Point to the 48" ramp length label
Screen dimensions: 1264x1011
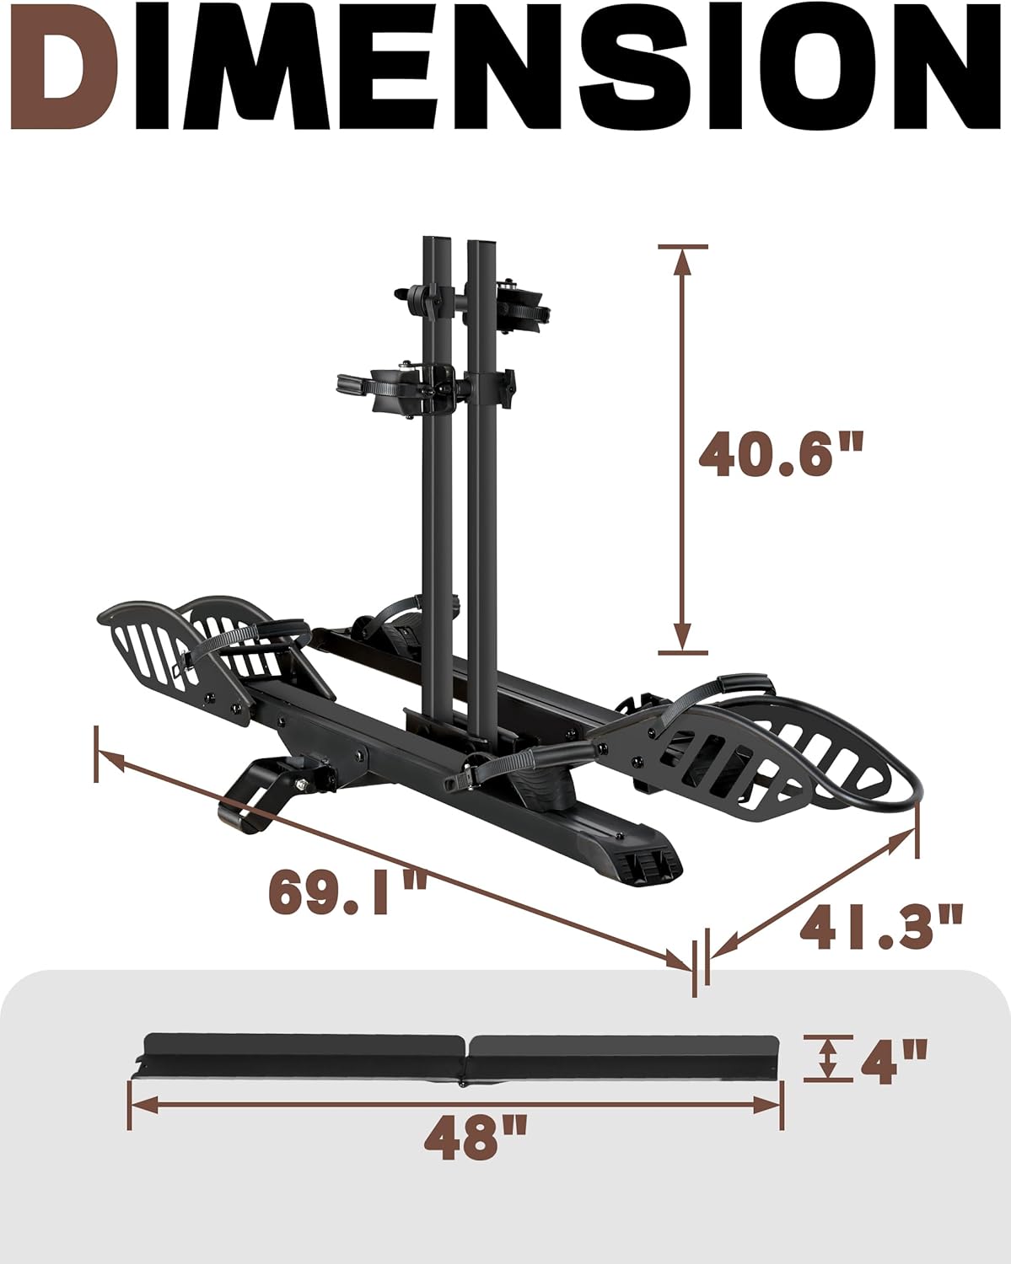click(475, 1138)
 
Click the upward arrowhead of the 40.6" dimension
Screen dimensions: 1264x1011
click(683, 261)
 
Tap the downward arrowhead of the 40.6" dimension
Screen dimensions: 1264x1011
click(683, 637)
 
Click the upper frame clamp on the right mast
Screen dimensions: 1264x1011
click(515, 305)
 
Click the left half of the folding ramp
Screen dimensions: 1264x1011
click(304, 1053)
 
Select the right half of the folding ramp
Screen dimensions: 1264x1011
click(624, 1053)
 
